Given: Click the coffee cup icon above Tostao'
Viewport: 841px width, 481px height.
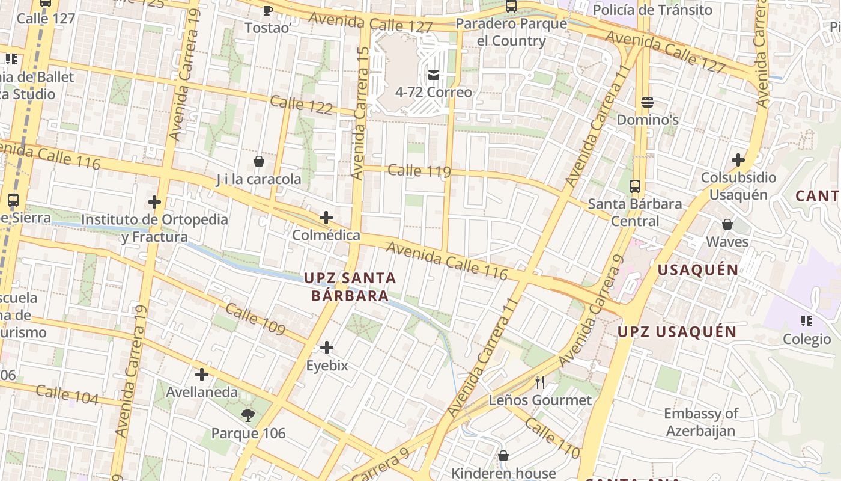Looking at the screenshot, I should tap(268, 10).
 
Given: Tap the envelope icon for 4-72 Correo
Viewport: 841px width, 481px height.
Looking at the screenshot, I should tap(433, 75).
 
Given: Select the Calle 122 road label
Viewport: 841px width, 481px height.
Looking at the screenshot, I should tap(301, 105).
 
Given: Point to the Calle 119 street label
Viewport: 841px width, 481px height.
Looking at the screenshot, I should tap(419, 171).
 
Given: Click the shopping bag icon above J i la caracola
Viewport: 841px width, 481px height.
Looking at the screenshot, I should tap(259, 161).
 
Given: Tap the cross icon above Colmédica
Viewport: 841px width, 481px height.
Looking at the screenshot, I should tap(326, 217).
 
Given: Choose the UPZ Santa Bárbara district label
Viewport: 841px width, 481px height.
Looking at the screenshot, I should tap(350, 287).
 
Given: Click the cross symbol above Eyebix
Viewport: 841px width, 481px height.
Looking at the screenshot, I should tap(327, 348).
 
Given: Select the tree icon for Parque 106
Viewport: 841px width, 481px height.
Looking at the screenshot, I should tap(247, 415).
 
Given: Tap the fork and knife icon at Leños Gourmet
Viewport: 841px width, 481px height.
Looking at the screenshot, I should tap(540, 382).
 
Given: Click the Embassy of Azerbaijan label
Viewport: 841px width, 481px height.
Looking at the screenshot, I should tap(700, 422).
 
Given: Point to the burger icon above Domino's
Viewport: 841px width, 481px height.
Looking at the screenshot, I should tap(647, 102).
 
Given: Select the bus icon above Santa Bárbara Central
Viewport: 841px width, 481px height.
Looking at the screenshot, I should tap(635, 186).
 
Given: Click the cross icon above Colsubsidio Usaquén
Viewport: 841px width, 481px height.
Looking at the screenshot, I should tap(738, 160).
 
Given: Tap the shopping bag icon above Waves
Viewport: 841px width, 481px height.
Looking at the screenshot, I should tap(727, 224).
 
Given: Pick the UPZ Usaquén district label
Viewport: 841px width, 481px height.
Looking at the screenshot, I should tap(677, 332).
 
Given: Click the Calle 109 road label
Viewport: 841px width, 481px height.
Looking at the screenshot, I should tap(255, 319).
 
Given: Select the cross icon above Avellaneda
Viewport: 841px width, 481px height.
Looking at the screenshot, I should tap(202, 375).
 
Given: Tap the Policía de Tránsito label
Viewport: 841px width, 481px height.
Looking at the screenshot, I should tap(652, 10).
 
